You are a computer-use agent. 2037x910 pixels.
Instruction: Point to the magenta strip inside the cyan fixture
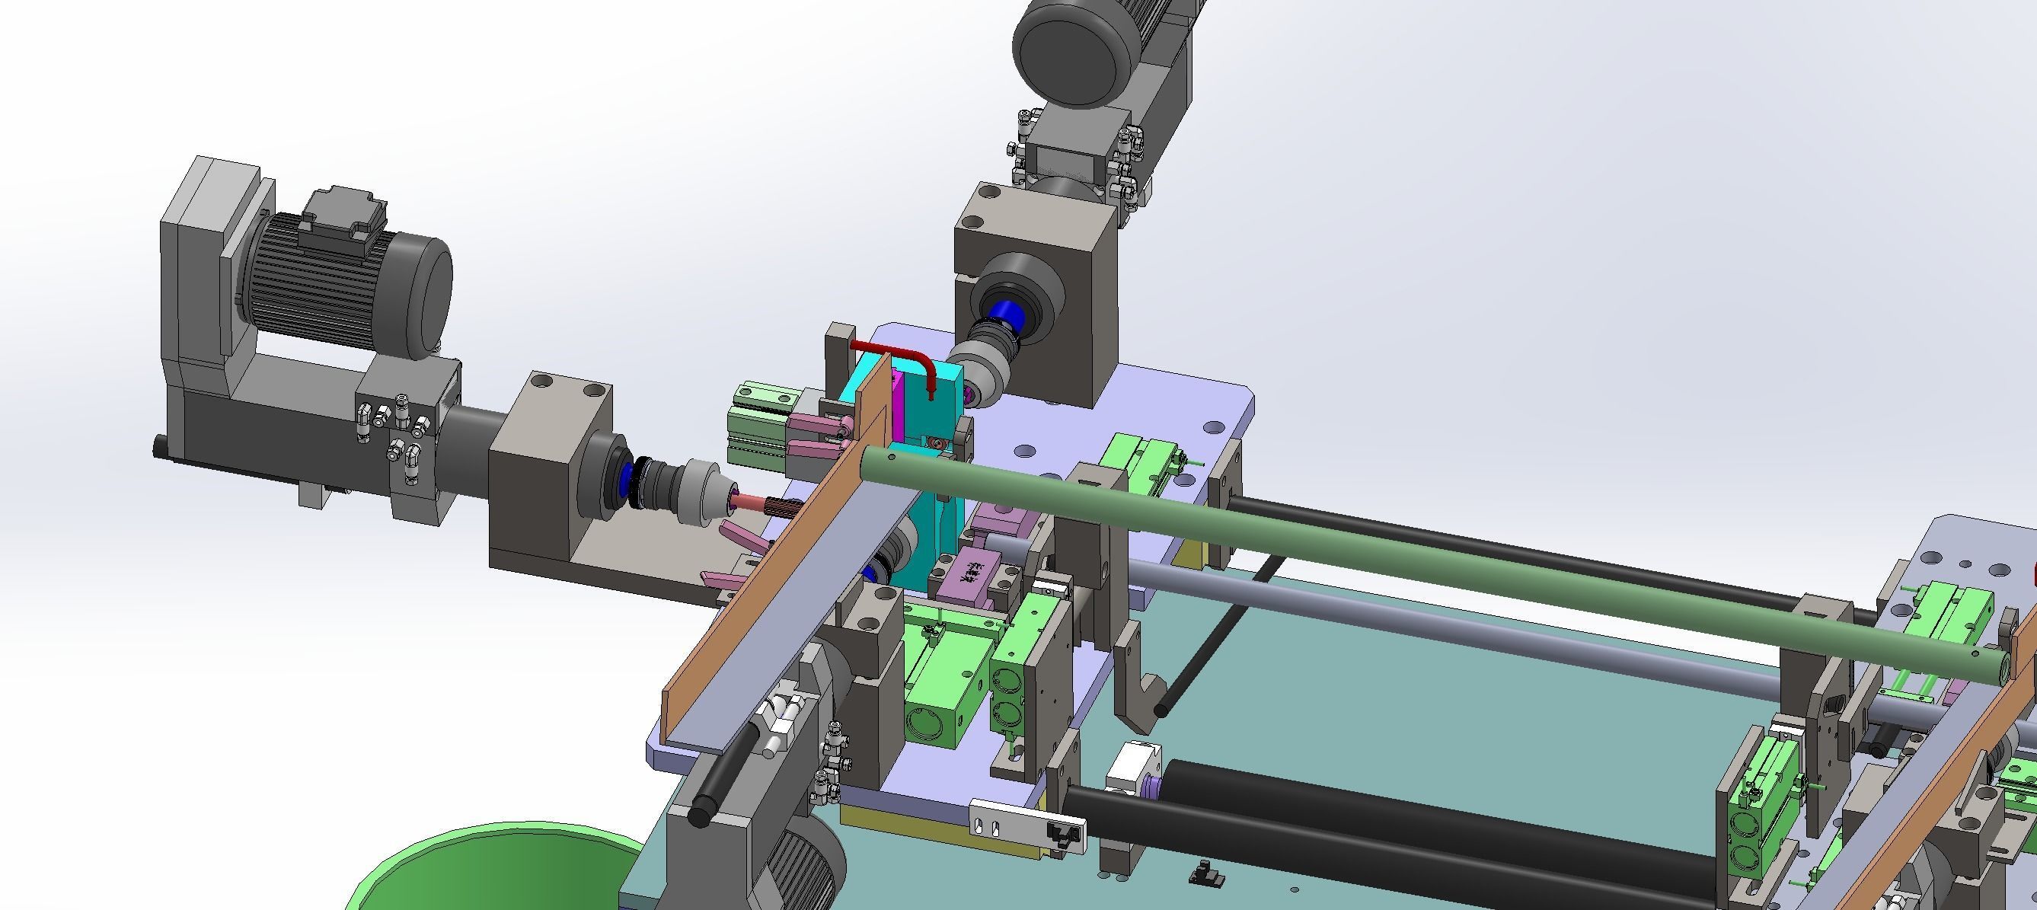[899, 403]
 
